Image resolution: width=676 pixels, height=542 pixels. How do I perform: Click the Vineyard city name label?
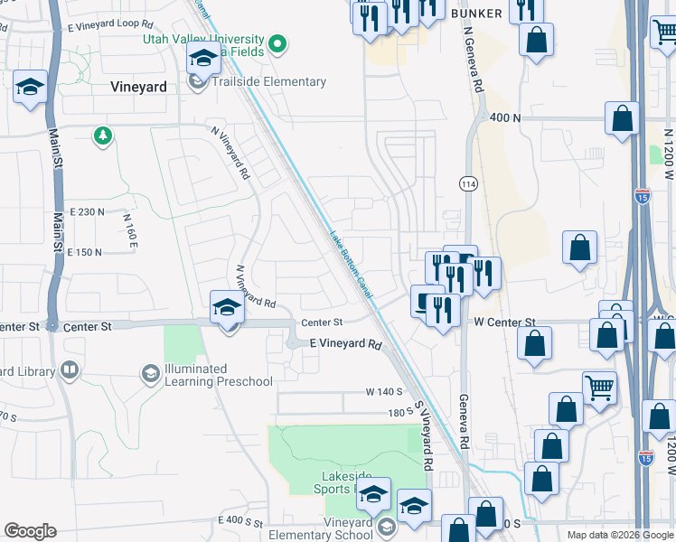point(138,88)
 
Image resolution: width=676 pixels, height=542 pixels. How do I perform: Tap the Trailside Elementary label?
point(268,82)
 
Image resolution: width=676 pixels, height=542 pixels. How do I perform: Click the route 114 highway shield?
point(467,183)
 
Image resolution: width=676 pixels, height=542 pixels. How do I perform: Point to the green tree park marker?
point(103,136)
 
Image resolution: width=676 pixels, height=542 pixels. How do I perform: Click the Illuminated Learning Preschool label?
point(218,375)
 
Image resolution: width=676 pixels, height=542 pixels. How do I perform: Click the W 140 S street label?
point(384,392)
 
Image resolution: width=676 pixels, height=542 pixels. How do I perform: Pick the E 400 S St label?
point(239,523)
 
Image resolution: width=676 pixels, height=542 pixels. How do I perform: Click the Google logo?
point(30,530)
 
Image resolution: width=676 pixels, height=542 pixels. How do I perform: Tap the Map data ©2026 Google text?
point(620,535)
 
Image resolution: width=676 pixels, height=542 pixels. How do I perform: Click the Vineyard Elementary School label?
point(347,528)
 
